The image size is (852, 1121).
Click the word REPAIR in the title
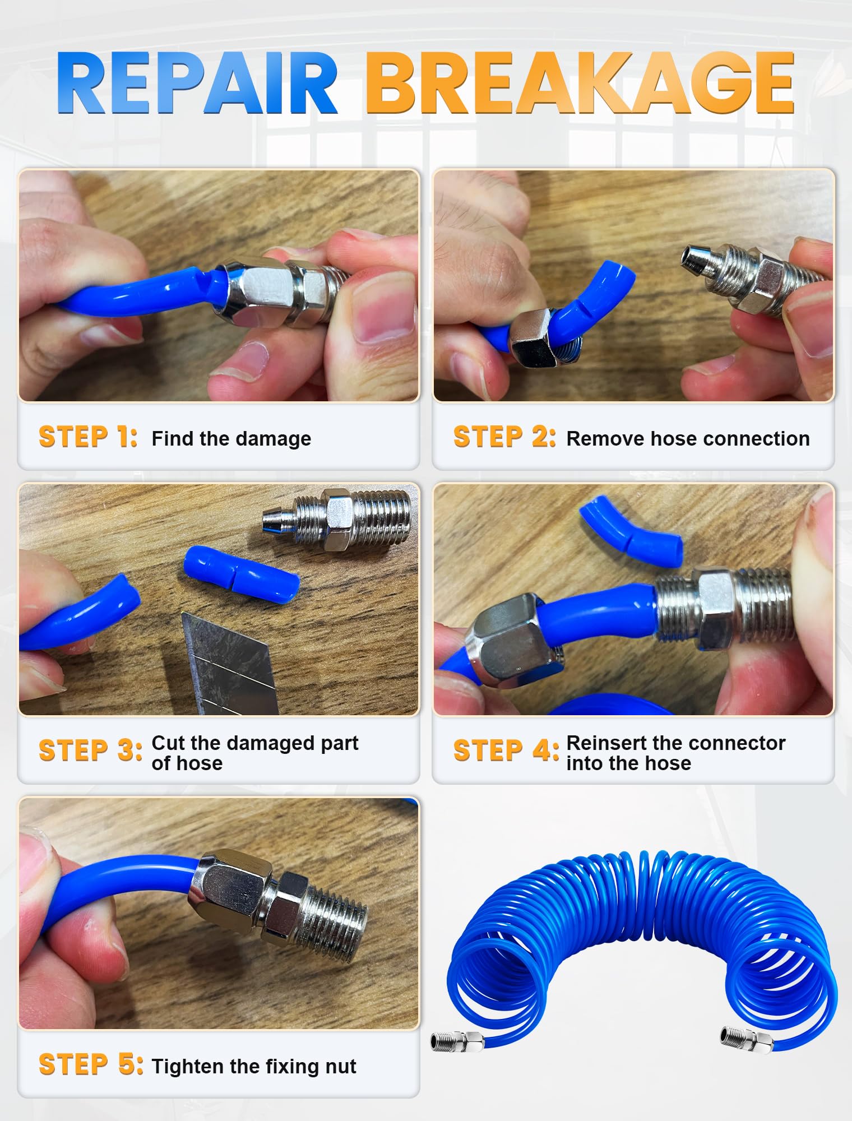tap(197, 83)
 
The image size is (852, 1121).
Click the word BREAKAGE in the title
tap(580, 83)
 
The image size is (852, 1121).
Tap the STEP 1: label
tap(88, 437)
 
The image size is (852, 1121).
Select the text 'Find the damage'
tap(231, 438)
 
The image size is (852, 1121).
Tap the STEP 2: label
tap(504, 437)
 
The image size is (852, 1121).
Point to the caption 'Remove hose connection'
tap(688, 438)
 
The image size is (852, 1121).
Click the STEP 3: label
tap(90, 751)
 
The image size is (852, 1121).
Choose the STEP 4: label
tap(506, 751)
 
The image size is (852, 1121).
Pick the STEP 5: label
tap(91, 1064)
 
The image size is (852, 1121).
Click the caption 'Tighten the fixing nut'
tap(254, 1066)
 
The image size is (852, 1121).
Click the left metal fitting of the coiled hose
tap(457, 1041)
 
